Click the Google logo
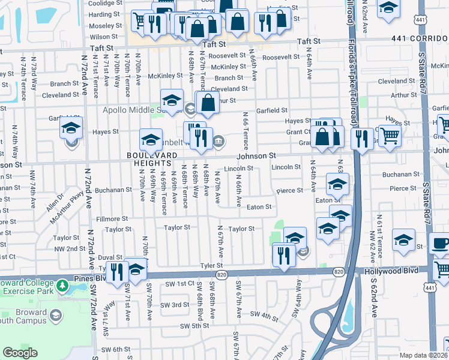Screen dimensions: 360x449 [20, 353]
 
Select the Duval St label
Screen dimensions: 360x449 [110, 256]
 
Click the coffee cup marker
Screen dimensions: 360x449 [441, 244]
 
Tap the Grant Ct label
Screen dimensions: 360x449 [298, 131]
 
